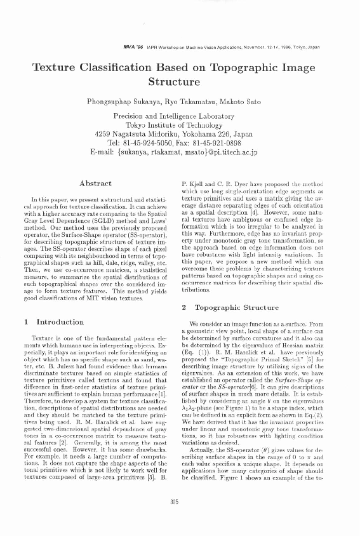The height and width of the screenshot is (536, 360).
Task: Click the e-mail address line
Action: tap(180, 153)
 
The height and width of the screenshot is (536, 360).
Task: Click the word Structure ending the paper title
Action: tap(180, 81)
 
